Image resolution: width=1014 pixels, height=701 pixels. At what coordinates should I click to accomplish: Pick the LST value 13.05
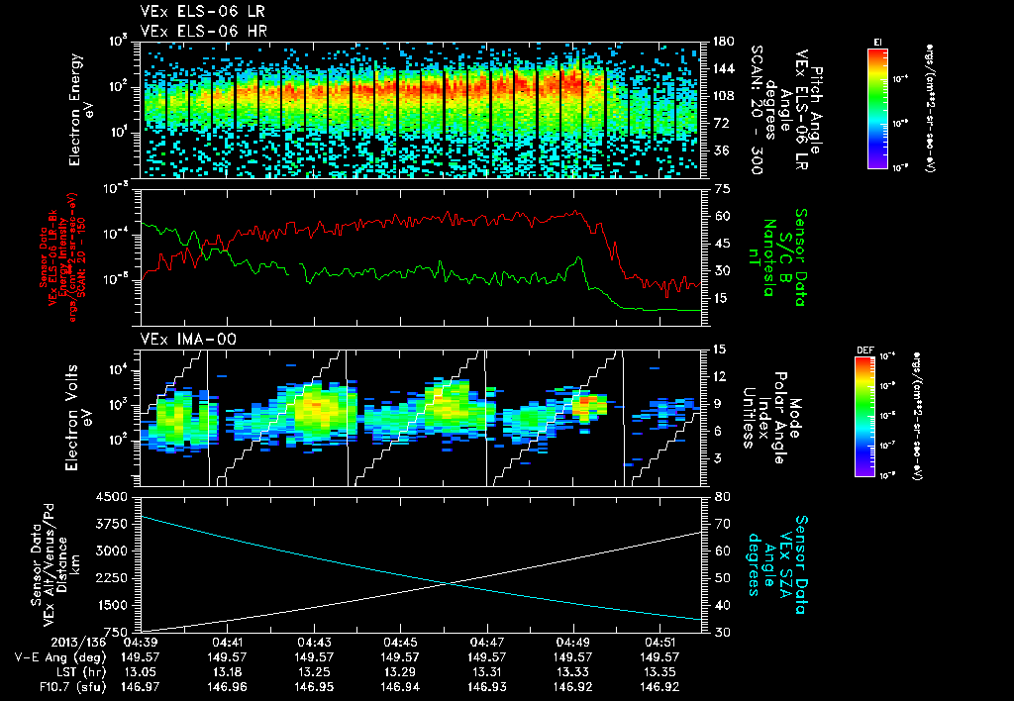pyautogui.click(x=141, y=671)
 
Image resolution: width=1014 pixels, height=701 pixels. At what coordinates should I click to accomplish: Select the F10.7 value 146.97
pyautogui.click(x=141, y=686)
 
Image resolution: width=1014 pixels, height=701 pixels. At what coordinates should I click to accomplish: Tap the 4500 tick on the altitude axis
pyautogui.click(x=117, y=496)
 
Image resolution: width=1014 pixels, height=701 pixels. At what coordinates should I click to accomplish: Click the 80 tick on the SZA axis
pyautogui.click(x=722, y=496)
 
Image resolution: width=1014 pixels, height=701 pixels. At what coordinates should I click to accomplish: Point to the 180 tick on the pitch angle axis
pyautogui.click(x=724, y=42)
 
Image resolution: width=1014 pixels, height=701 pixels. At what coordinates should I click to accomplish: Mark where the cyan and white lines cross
pyautogui.click(x=451, y=583)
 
